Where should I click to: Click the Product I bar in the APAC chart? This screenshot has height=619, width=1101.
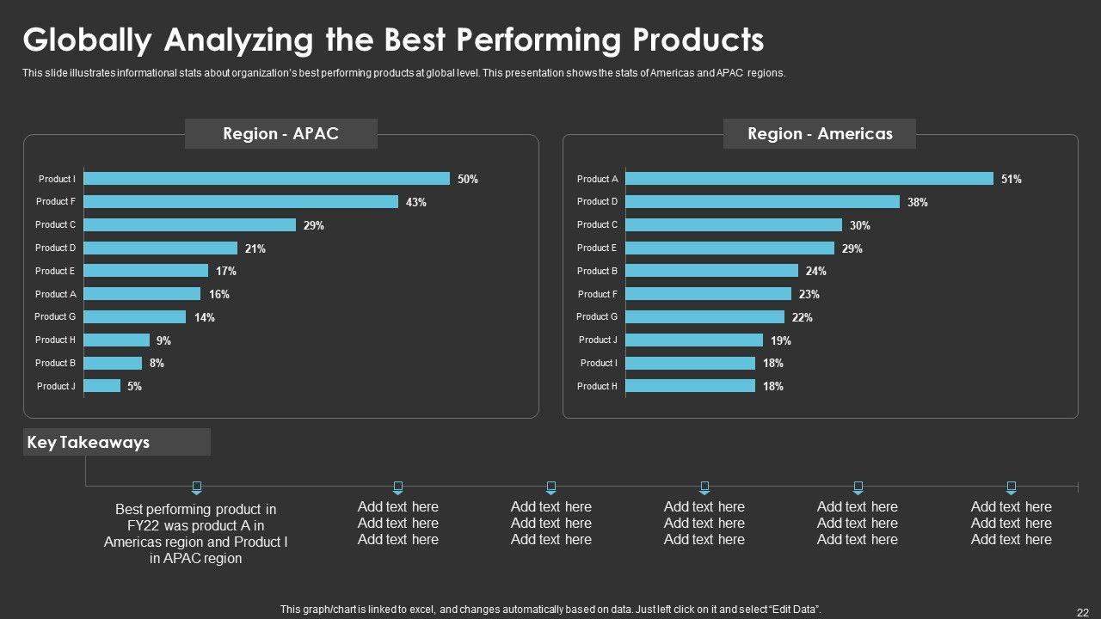click(267, 179)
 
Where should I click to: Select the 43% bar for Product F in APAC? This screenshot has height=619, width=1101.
click(241, 202)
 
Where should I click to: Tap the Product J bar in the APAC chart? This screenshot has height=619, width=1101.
click(102, 386)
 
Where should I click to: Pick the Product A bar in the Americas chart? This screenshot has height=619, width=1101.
click(809, 179)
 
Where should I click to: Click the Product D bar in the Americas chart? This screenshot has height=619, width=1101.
click(762, 202)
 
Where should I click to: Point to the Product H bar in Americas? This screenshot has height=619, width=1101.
click(690, 386)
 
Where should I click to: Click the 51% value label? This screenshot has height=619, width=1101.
click(1012, 180)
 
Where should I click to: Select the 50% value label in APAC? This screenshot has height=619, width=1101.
click(468, 180)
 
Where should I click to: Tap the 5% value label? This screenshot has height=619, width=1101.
click(134, 387)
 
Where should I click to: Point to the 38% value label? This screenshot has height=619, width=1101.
click(917, 203)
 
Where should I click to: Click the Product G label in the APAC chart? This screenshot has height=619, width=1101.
click(55, 316)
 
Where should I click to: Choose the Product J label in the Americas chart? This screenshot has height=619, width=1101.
click(598, 340)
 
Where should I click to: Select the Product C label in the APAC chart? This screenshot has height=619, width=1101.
click(55, 224)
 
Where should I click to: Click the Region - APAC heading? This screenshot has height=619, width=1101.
click(280, 133)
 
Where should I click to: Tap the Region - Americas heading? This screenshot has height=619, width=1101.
click(820, 133)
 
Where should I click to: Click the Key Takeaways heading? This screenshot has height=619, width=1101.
click(89, 443)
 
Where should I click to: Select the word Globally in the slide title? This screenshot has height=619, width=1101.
click(87, 40)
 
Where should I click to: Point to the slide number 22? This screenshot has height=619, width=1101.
click(1083, 612)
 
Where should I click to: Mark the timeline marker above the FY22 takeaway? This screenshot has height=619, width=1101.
click(196, 487)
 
